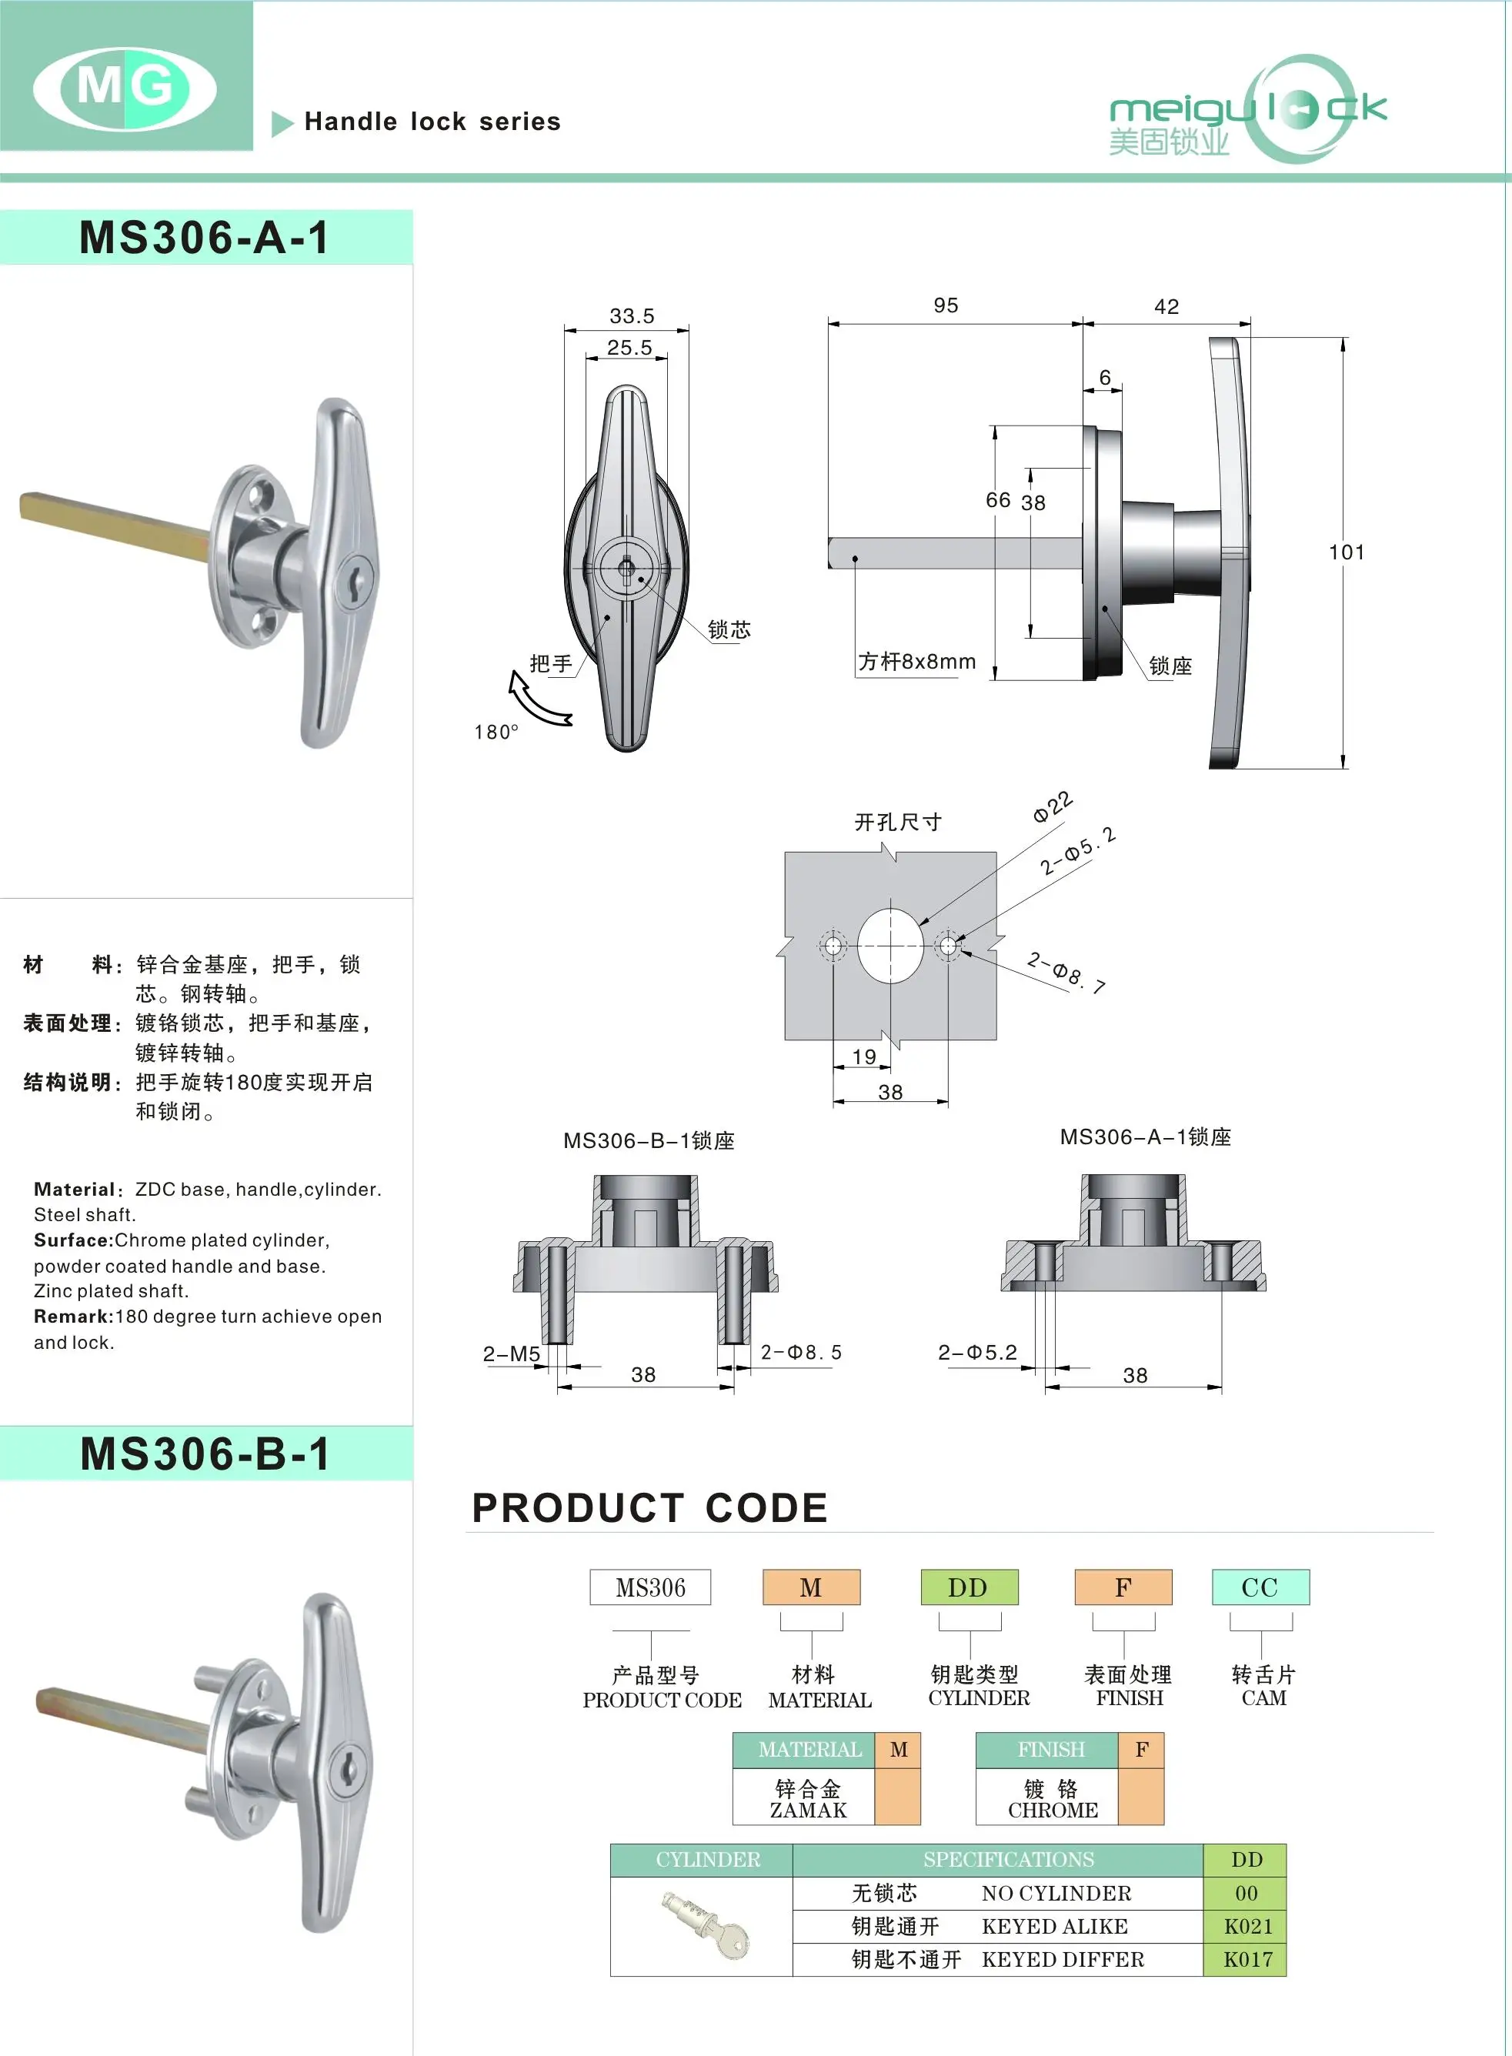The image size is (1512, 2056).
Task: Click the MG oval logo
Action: (125, 88)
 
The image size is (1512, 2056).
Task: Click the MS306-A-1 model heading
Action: (204, 238)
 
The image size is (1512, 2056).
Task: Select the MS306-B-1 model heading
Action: (205, 1454)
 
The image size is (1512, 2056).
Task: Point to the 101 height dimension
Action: (1347, 552)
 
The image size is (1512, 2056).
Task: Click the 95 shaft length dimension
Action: (946, 305)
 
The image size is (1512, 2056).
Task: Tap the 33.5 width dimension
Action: (632, 315)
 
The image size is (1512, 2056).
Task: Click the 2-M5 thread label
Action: (512, 1353)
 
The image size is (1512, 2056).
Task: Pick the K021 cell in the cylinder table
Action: (1247, 1926)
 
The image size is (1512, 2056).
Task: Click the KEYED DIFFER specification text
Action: (1063, 1959)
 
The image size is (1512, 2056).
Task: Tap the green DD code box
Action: (968, 1587)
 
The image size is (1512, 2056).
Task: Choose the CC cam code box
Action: (1260, 1587)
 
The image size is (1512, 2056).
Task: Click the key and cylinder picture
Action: (706, 1925)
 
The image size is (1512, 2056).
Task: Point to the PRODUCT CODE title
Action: (650, 1508)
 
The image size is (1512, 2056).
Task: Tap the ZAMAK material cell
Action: (807, 1799)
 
